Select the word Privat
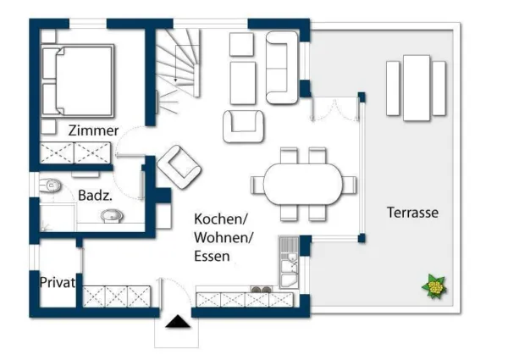[58, 282]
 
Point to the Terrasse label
[412, 212]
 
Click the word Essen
[212, 255]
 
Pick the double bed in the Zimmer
[78, 80]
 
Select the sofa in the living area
[282, 66]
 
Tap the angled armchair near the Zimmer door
[179, 165]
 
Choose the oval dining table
[303, 184]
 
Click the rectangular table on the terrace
[416, 87]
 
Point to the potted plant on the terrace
[435, 288]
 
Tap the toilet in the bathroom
[52, 184]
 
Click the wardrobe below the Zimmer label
[77, 152]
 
